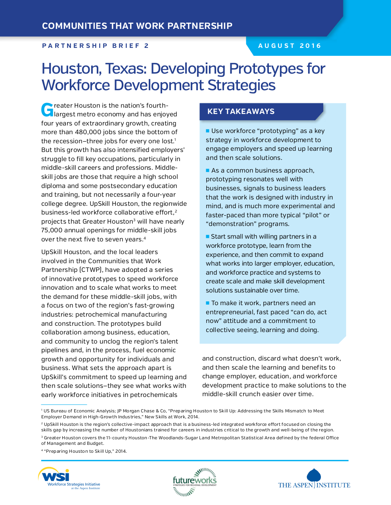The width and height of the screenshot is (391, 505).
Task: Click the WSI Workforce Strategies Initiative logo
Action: click(x=69, y=478)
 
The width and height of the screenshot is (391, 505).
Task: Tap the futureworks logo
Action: click(x=194, y=481)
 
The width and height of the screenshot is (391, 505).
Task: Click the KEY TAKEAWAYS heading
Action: click(x=241, y=112)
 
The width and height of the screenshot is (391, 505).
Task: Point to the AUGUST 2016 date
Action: click(x=289, y=46)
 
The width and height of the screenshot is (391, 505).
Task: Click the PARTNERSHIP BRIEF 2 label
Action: click(x=96, y=46)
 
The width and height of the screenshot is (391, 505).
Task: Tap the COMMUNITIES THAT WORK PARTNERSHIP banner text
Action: click(x=137, y=26)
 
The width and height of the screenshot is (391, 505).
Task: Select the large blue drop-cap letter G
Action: click(x=47, y=110)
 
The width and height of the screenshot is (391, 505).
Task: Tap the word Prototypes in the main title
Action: click(x=266, y=69)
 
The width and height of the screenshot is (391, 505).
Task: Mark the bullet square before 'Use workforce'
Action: click(x=207, y=131)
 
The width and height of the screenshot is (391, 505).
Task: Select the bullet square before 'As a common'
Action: click(x=207, y=170)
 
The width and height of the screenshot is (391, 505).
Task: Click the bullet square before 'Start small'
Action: click(x=207, y=236)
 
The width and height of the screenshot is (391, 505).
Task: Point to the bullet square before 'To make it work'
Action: click(x=207, y=303)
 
